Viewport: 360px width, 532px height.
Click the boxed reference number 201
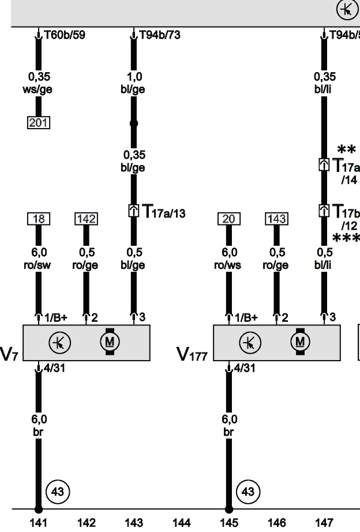tap(39, 122)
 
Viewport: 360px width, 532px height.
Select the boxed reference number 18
tap(39, 219)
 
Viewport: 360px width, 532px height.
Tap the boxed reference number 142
tap(86, 219)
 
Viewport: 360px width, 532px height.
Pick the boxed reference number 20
tap(228, 219)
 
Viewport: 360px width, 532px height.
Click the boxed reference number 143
tap(276, 219)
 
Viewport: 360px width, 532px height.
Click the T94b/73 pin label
tap(160, 35)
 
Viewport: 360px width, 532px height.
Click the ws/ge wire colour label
tap(39, 89)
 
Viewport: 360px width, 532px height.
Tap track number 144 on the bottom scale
tap(181, 523)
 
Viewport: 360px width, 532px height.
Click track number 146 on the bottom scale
tap(276, 523)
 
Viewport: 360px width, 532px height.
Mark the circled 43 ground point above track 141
tap(57, 492)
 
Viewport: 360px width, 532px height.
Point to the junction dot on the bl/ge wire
tap(134, 123)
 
